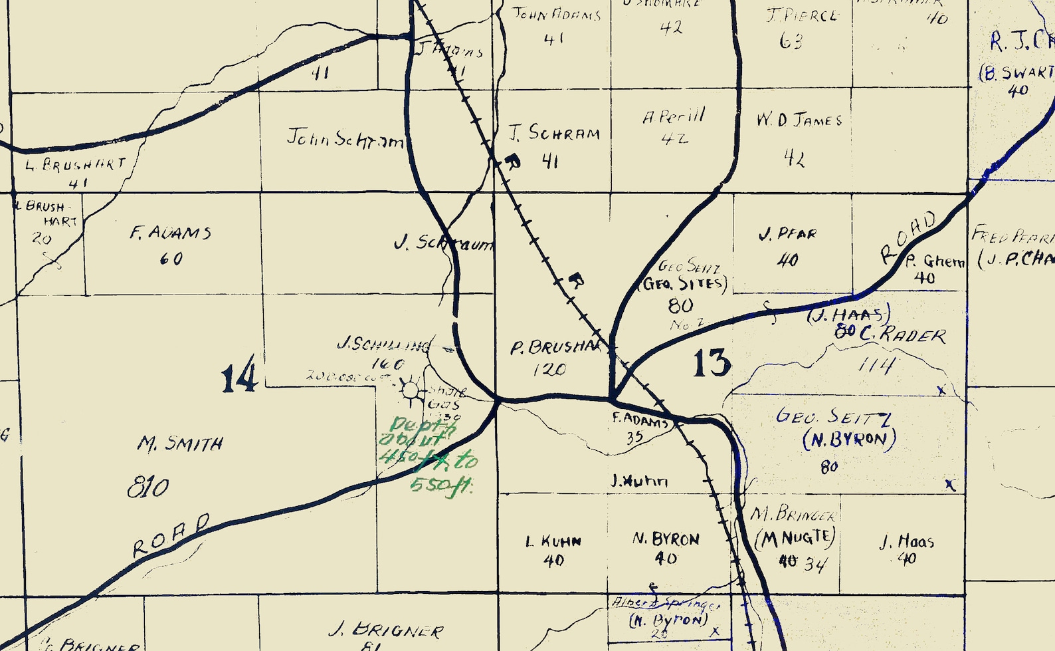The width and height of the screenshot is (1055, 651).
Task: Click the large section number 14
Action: (239, 376)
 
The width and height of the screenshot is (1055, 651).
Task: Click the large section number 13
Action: (712, 363)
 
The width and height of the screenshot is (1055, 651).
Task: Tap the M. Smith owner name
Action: (180, 444)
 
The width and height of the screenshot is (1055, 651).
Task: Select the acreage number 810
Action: (147, 488)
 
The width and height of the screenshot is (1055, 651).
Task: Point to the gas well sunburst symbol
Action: (411, 390)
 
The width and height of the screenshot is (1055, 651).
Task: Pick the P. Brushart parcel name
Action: (555, 347)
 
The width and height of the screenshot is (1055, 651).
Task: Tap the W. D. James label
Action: (799, 120)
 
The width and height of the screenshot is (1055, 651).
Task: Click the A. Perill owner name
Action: (673, 117)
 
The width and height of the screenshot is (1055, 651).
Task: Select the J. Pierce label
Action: (802, 15)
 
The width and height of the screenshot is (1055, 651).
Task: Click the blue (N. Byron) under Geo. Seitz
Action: (849, 440)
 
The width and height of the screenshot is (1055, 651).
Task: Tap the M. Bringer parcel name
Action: (793, 513)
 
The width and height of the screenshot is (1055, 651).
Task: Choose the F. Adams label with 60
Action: (171, 233)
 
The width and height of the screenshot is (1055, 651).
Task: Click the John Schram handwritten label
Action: (344, 138)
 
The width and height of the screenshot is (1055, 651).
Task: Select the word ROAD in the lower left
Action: (171, 535)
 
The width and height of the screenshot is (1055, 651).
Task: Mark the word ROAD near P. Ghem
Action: (908, 237)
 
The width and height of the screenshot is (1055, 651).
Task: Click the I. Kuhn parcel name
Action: (553, 541)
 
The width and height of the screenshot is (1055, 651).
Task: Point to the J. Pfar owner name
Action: (787, 234)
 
